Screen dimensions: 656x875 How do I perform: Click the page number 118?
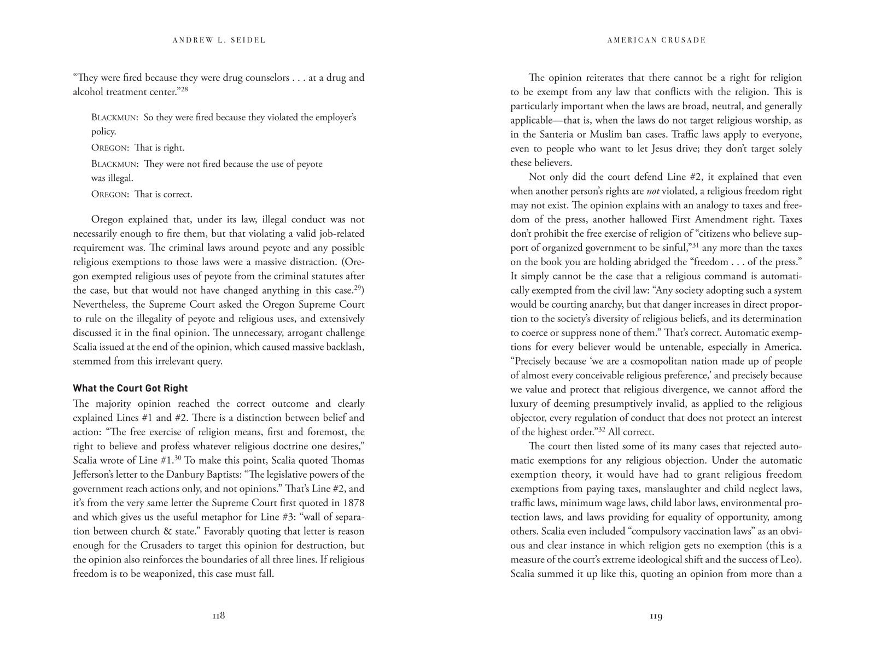[x=218, y=616]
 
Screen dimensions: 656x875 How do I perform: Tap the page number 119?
[x=656, y=616]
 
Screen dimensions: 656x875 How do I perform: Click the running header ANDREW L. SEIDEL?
[x=219, y=40]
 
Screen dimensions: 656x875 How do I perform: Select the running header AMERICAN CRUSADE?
[x=656, y=40]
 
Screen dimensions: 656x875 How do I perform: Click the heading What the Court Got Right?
[x=130, y=388]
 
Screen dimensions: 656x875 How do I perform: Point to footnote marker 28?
[x=184, y=89]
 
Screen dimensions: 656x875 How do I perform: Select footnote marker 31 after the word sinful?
[x=696, y=245]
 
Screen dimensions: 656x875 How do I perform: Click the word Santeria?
[x=562, y=134]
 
